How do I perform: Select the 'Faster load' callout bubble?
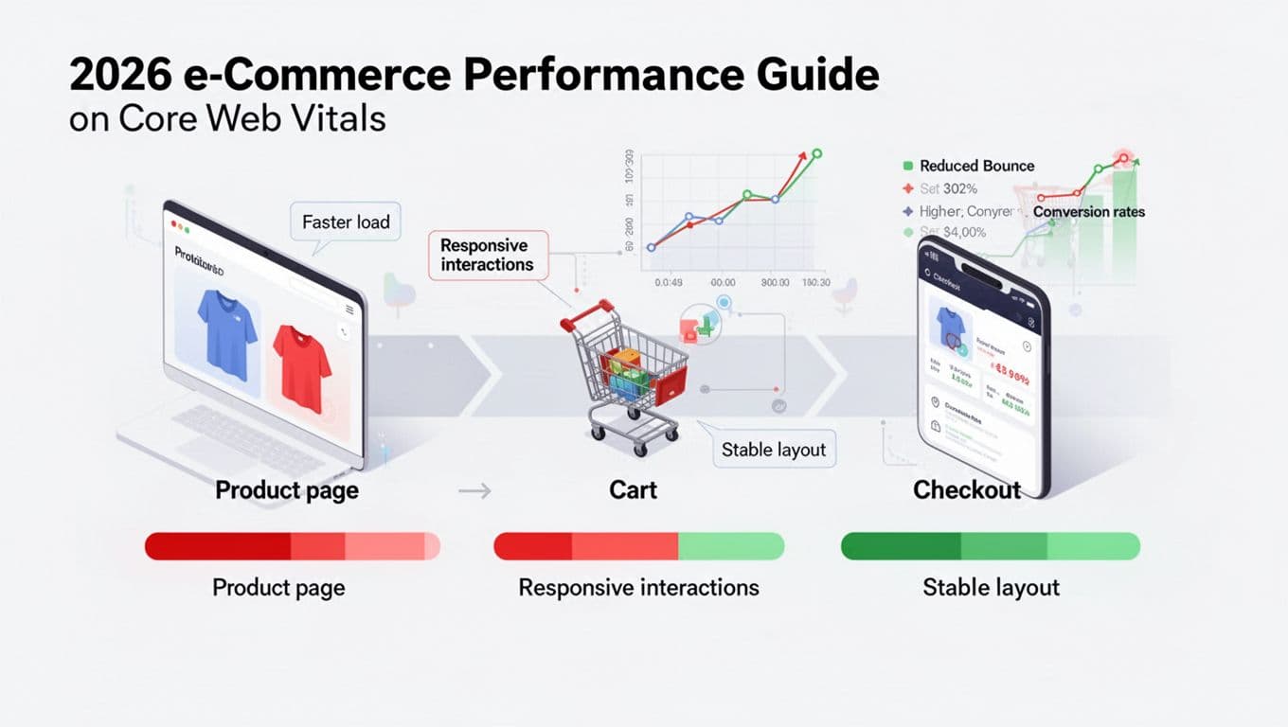(346, 222)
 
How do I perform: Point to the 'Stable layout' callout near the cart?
(773, 450)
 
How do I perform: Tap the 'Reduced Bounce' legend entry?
(975, 166)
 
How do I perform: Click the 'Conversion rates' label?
(1088, 212)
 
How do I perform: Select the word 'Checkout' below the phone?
(967, 489)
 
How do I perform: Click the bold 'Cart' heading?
(634, 489)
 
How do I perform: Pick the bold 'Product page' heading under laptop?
(287, 489)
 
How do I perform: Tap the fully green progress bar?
(990, 546)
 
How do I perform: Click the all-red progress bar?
(292, 546)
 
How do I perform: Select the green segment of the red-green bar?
(730, 546)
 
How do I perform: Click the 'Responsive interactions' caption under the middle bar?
(638, 587)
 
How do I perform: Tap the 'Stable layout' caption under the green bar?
(991, 587)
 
